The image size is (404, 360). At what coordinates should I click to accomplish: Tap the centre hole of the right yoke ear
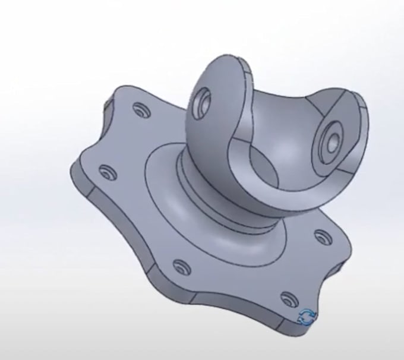click(x=332, y=141)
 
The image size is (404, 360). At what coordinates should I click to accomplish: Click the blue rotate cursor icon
click(x=307, y=317)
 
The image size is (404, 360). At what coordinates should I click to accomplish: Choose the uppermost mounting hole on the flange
click(x=142, y=110)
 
